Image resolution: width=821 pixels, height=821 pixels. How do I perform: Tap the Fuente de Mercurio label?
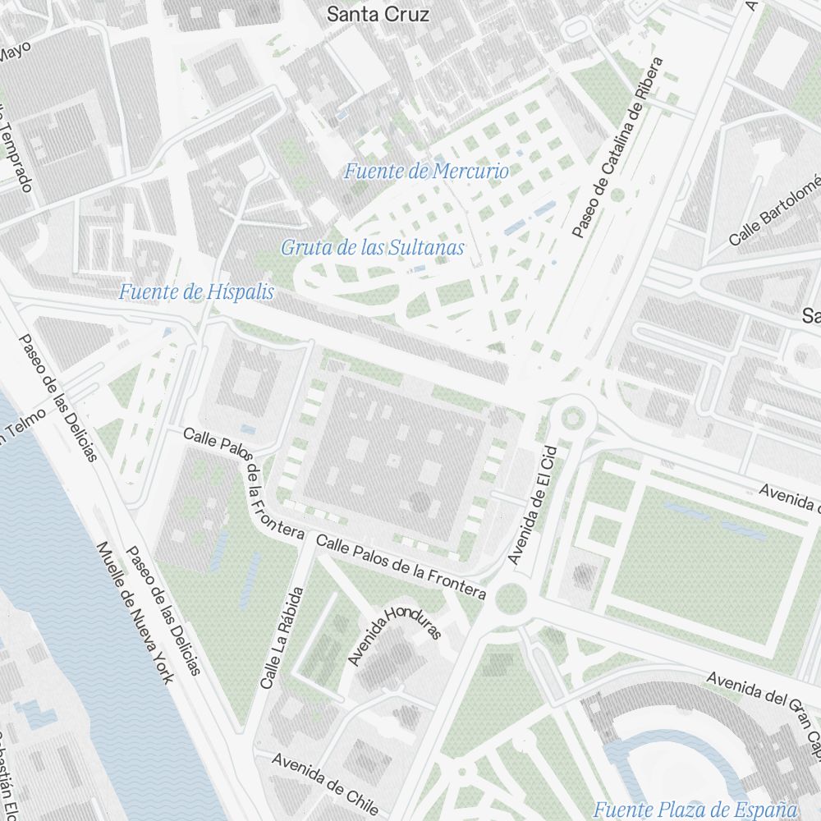tap(426, 172)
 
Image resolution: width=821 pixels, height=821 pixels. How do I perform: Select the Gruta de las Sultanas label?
tap(373, 247)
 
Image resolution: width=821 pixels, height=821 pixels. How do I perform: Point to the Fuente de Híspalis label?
tap(196, 291)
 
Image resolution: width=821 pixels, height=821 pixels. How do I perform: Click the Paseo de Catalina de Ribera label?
tap(617, 148)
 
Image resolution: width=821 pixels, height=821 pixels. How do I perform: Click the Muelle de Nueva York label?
tap(135, 612)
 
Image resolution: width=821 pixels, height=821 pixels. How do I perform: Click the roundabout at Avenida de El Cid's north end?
tap(572, 417)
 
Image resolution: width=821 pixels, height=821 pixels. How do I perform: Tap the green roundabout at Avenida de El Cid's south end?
tap(511, 599)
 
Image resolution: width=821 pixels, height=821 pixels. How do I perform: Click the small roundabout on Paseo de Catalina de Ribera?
tap(617, 195)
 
